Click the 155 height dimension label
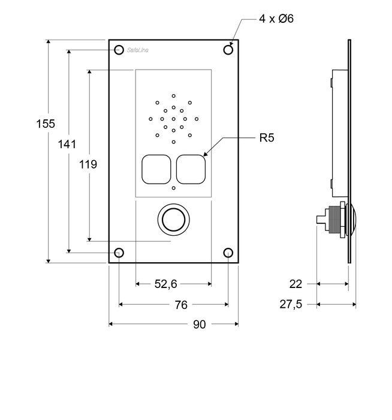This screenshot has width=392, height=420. pos(46,124)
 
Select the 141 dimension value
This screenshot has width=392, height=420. pos(68,144)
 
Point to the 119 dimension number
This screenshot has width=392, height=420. pos(88,164)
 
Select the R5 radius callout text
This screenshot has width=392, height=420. pos(267,138)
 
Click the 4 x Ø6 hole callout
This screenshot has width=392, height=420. pos(276,19)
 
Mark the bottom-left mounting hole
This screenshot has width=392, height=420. pos(119,253)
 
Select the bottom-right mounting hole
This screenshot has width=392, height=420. pos(228,253)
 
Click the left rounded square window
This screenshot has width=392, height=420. pos(156,169)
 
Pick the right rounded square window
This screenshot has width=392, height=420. pos(191,169)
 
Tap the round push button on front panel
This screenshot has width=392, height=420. pos(173,220)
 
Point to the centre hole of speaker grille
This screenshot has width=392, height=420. pos(173,119)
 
